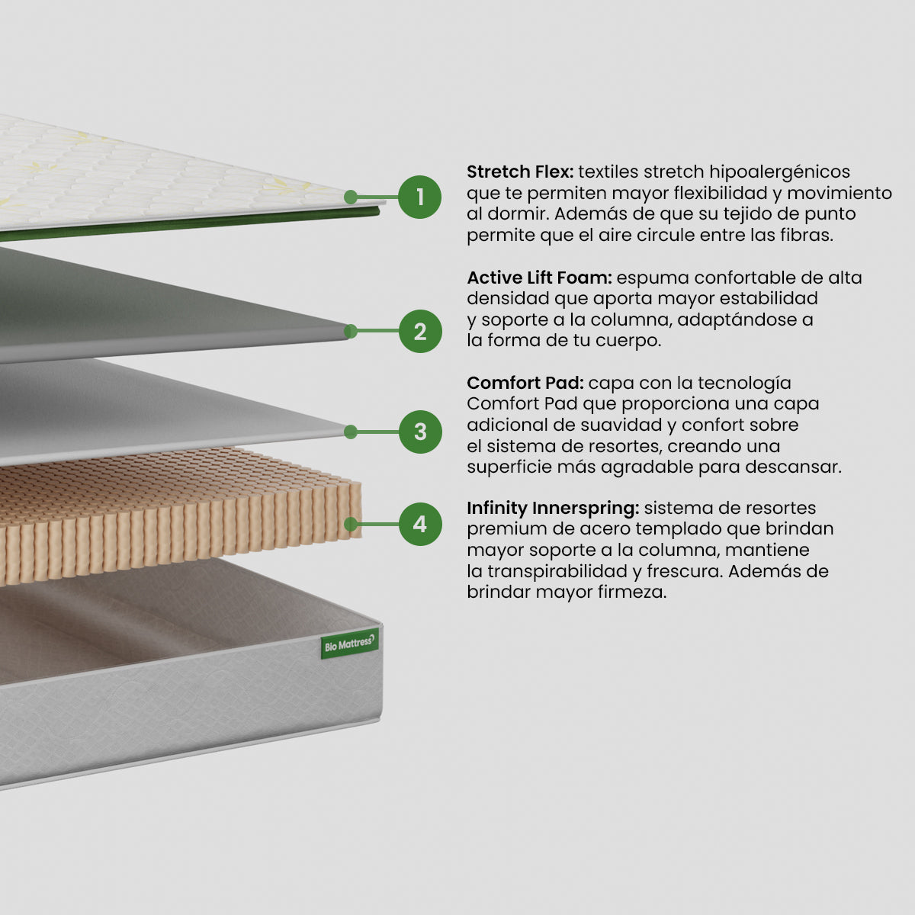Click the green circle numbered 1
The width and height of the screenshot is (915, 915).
point(419,197)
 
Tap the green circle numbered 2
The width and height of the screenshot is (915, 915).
point(419,331)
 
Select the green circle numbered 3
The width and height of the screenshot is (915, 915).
point(419,432)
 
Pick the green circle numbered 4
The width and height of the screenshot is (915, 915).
point(419,524)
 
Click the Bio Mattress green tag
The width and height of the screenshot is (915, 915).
point(350,644)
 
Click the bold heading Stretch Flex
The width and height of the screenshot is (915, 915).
point(519,172)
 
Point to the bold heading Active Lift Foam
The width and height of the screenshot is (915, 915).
point(539,278)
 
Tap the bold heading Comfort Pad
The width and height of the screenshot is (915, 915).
point(525,383)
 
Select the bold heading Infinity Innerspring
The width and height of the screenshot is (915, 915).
point(553,508)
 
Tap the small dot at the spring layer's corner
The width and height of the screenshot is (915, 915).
point(351,524)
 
